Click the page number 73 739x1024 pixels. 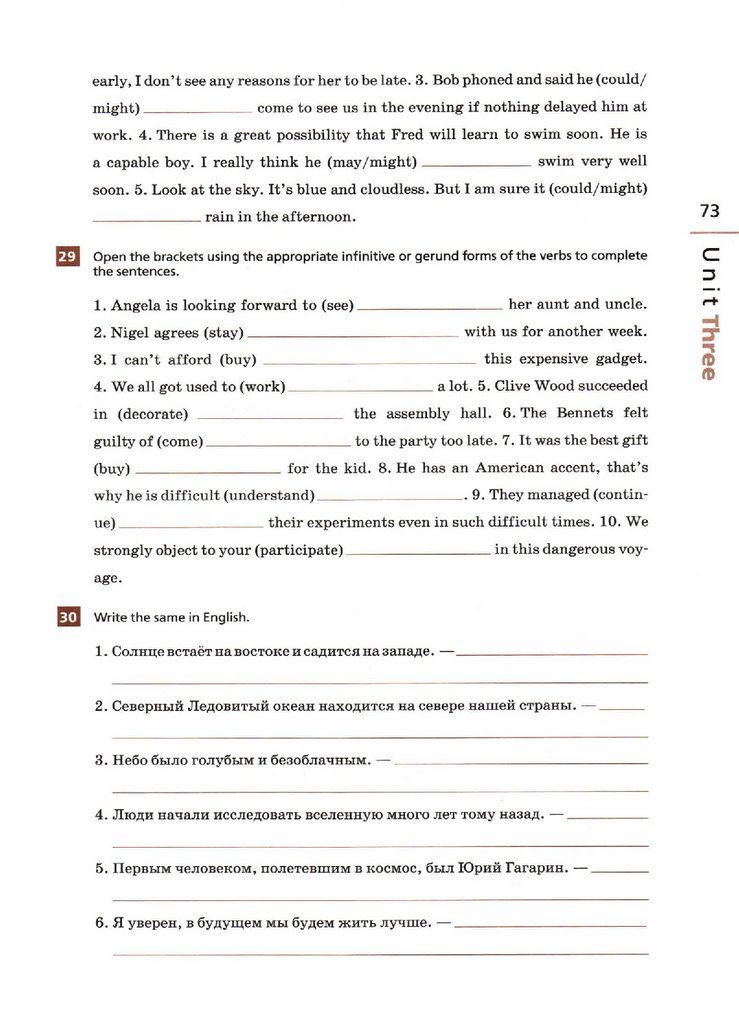709,210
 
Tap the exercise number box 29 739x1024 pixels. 67,258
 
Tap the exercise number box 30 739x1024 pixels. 67,617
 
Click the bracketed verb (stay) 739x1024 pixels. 224,332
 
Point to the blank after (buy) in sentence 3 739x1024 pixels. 368,361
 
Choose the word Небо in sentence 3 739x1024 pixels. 130,760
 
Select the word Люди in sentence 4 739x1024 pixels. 132,814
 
